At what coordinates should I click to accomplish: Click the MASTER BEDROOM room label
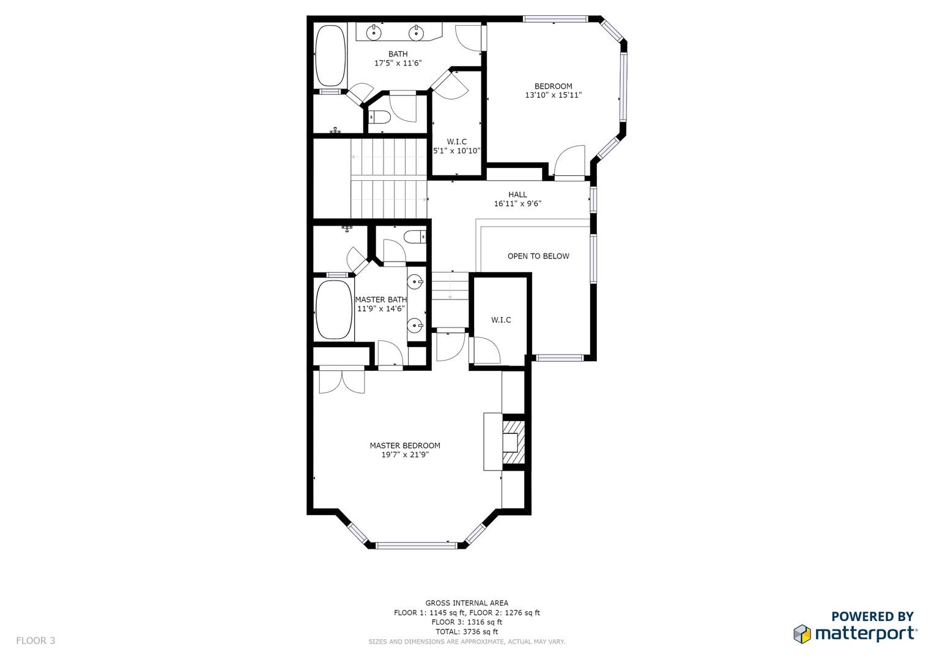[405, 446]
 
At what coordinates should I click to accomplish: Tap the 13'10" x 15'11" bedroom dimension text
[554, 95]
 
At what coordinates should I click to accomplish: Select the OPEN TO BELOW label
[538, 256]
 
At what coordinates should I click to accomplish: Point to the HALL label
[517, 194]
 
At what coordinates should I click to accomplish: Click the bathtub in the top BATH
[331, 56]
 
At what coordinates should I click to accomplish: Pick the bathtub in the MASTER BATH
[334, 309]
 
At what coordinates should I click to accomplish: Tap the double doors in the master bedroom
[342, 380]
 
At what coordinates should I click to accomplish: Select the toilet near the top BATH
[379, 117]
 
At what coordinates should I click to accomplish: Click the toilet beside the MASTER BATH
[415, 237]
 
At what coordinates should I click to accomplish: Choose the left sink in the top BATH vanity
[374, 32]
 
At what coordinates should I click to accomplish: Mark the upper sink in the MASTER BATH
[415, 282]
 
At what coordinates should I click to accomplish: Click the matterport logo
[855, 633]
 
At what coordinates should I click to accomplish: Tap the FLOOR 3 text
[35, 640]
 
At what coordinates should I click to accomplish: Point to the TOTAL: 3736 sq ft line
[467, 632]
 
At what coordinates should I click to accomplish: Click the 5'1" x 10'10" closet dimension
[457, 151]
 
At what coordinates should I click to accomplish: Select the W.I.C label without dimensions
[501, 320]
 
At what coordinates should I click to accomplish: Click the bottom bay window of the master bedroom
[417, 545]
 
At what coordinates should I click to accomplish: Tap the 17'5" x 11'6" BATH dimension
[398, 64]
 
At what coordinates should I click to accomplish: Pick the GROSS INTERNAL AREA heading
[467, 603]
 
